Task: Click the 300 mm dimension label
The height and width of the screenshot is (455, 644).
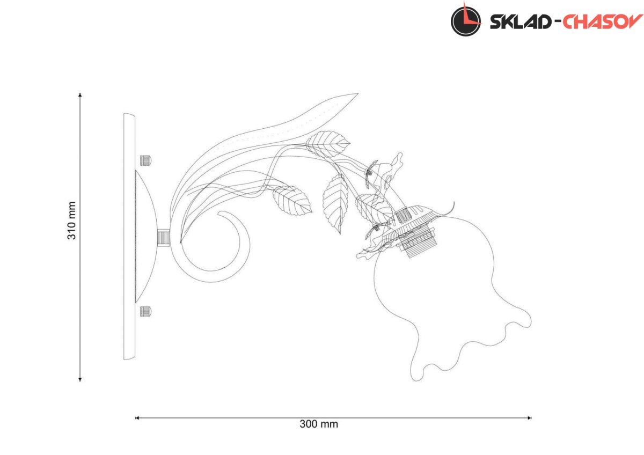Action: (319, 424)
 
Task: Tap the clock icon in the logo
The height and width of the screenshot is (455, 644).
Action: (465, 19)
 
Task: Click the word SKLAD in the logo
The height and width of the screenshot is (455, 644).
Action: (519, 21)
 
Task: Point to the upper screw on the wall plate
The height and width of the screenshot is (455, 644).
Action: (145, 159)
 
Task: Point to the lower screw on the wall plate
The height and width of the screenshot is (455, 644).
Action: (145, 311)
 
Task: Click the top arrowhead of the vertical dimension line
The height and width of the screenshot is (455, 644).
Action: (80, 96)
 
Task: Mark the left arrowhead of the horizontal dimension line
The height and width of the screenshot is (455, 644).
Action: (137, 417)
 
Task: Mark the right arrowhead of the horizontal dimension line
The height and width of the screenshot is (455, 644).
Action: (530, 417)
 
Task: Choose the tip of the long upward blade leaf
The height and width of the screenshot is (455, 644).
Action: (356, 94)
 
